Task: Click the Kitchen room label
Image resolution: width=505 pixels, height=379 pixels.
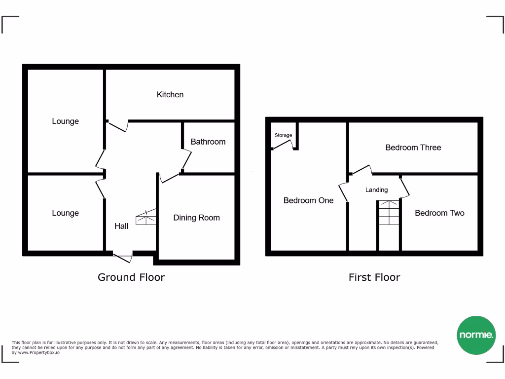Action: [x=170, y=94]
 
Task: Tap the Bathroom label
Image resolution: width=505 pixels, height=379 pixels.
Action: [x=208, y=142]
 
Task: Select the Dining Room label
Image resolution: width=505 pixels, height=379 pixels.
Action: [x=196, y=218]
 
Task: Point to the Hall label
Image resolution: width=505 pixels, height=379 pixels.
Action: [x=121, y=226]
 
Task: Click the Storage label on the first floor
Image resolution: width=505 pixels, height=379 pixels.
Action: [x=283, y=135]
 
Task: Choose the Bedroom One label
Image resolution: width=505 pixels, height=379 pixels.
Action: [x=308, y=200]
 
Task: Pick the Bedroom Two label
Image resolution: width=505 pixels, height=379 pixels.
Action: [x=439, y=213]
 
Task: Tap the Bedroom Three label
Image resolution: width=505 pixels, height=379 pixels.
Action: [x=413, y=148]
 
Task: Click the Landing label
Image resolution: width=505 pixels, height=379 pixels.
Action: [x=376, y=190]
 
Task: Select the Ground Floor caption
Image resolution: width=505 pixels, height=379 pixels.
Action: [x=131, y=277]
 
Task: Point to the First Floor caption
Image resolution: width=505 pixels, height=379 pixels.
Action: [x=374, y=277]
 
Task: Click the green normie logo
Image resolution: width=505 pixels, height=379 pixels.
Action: [x=476, y=335]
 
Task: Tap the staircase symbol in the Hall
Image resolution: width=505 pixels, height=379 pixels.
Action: [x=146, y=217]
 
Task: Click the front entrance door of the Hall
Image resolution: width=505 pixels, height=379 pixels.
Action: [x=123, y=257]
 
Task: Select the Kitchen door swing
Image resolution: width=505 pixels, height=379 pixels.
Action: [x=118, y=126]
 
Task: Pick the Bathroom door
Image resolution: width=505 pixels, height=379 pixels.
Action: [x=186, y=160]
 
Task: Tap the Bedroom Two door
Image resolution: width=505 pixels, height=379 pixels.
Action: [x=404, y=187]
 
